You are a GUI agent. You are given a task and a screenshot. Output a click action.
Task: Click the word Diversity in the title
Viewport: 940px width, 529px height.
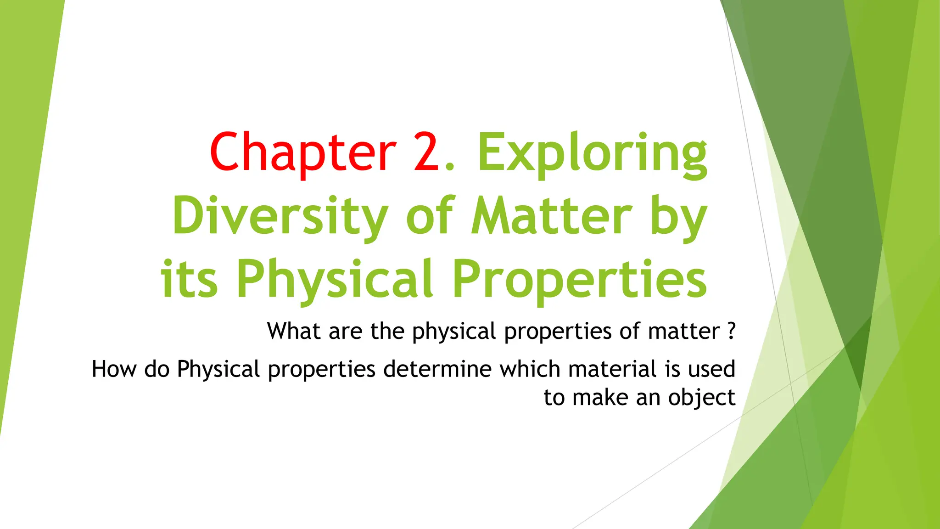280,216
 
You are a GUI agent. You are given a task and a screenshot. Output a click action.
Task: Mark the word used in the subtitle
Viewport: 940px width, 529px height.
711,369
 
